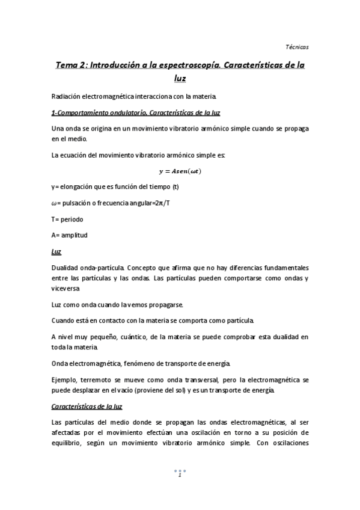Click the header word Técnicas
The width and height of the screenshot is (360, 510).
296,46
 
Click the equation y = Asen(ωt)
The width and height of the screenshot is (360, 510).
180,171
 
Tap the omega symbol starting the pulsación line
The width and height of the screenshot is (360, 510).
54,202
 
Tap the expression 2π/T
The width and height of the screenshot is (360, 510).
160,202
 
